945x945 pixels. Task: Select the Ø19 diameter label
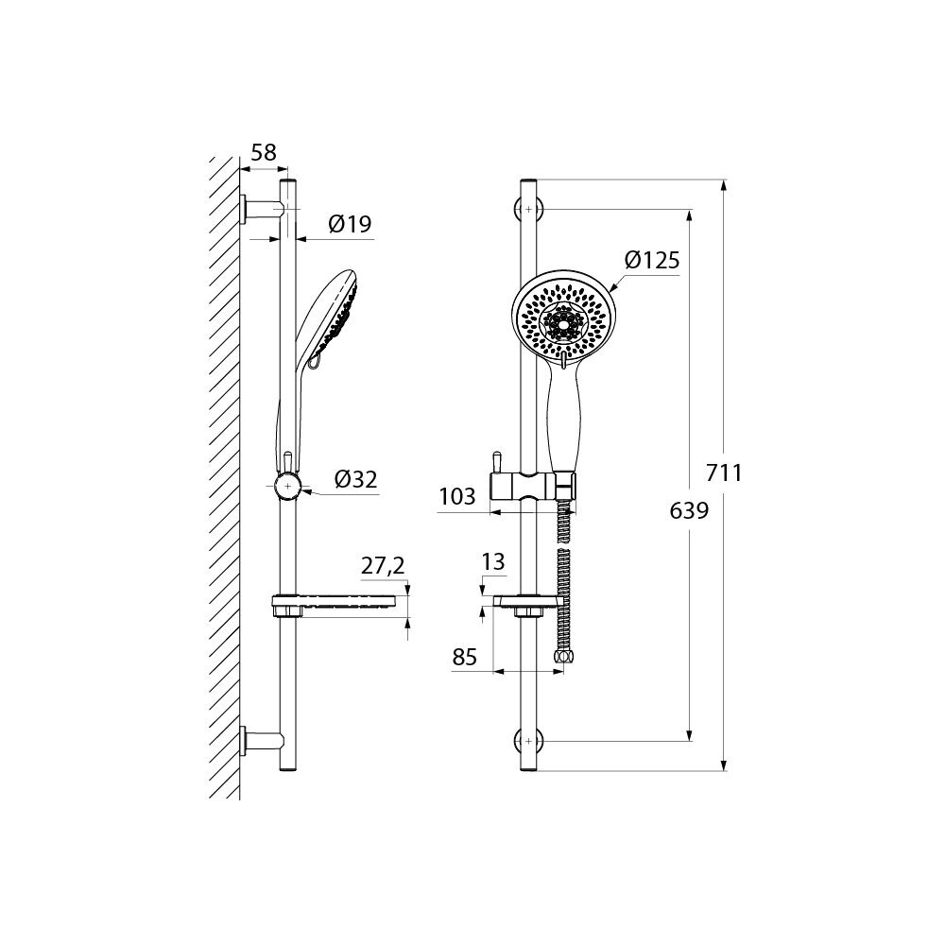click(350, 225)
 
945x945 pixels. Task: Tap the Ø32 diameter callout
click(355, 480)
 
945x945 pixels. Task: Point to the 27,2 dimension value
click(383, 566)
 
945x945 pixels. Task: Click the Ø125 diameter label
click(652, 260)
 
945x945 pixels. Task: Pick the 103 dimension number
click(457, 496)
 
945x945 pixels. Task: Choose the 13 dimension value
click(493, 562)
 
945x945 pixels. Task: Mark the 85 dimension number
click(465, 657)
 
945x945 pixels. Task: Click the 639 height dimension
click(689, 511)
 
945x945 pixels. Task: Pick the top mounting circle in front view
click(528, 209)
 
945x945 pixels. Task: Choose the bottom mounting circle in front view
click(528, 741)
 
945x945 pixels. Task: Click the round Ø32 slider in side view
click(288, 487)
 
